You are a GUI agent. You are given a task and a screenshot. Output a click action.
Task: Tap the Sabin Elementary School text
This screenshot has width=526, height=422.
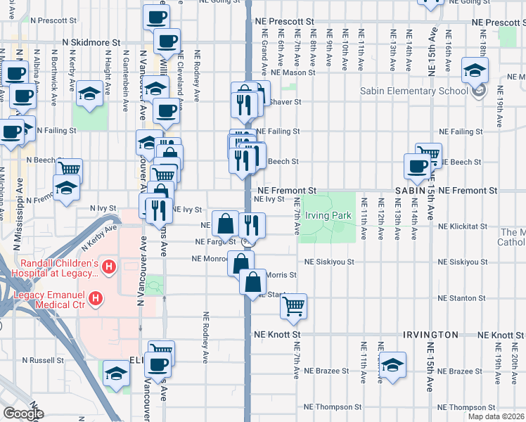(413, 91)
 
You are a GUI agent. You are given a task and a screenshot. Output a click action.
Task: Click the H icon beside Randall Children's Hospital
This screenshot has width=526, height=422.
(108, 267)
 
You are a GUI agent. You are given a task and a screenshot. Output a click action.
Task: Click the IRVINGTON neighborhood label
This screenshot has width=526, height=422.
(431, 334)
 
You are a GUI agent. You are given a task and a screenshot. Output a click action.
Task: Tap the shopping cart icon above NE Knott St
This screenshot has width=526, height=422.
(293, 305)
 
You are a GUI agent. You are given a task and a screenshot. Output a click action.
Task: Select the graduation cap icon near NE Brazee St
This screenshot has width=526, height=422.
(392, 365)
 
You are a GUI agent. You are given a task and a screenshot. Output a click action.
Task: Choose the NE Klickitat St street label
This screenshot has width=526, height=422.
(462, 227)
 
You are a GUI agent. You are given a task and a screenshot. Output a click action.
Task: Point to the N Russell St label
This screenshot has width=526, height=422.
(43, 360)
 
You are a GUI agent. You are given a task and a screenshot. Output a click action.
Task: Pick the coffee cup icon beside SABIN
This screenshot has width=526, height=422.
(417, 166)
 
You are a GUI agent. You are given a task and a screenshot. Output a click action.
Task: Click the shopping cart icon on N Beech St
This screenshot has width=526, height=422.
(69, 170)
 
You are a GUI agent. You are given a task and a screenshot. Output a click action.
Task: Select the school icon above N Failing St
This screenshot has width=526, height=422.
(90, 94)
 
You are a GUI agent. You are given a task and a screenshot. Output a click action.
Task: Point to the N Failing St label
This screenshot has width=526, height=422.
(56, 130)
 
